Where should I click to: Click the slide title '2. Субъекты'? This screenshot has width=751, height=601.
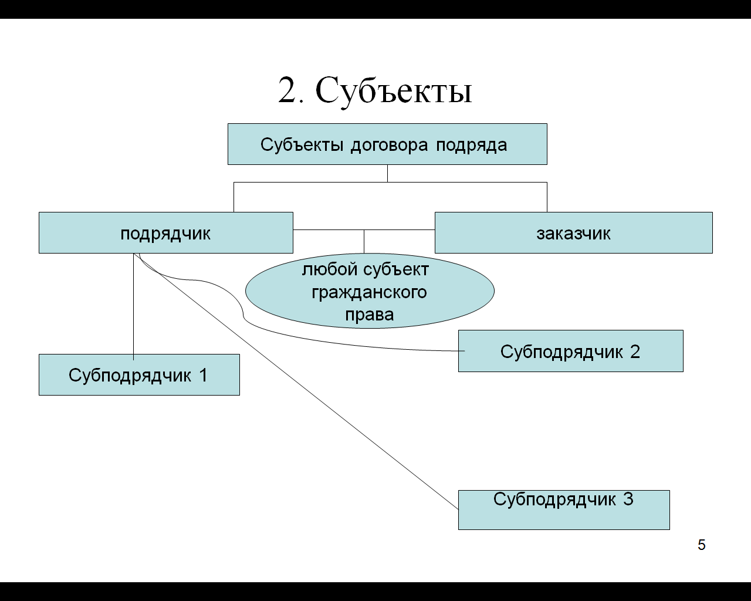(375, 92)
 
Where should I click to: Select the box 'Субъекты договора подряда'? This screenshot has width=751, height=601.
(387, 144)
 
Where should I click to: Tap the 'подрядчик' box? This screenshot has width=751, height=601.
(166, 232)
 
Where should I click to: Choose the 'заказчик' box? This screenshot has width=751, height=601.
(574, 232)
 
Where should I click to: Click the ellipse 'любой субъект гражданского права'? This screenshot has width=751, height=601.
(370, 291)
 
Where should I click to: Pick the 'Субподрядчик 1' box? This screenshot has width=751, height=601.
(139, 374)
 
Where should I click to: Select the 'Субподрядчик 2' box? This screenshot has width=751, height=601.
(570, 351)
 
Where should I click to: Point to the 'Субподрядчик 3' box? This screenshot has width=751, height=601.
(564, 510)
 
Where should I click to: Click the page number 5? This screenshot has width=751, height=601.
(702, 545)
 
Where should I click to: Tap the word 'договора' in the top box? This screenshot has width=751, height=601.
(389, 145)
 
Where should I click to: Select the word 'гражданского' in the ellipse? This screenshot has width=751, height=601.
(369, 293)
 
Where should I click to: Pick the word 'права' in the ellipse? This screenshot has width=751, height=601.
(370, 315)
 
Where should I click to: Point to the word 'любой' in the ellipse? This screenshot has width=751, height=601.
(330, 270)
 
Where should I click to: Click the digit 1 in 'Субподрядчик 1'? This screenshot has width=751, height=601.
(203, 376)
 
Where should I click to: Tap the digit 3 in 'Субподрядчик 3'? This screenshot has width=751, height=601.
(628, 499)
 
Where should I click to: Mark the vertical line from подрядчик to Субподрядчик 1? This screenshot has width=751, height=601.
(133, 306)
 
